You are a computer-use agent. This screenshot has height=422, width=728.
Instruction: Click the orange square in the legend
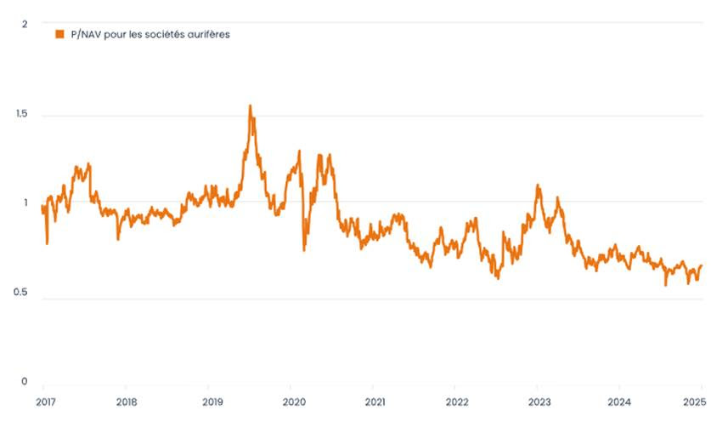click(59, 34)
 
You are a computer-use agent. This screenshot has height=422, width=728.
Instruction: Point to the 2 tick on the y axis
click(25, 24)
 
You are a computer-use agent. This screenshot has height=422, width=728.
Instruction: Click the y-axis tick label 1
click(26, 203)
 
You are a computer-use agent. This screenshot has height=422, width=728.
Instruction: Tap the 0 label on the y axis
click(25, 382)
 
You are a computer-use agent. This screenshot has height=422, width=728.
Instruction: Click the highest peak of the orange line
click(250, 106)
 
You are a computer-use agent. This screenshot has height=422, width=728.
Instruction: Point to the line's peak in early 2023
click(538, 185)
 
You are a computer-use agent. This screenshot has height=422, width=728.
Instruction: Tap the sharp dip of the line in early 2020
click(304, 249)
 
